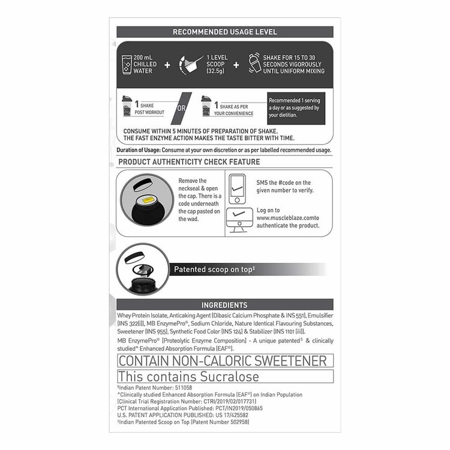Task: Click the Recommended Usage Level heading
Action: [224, 32]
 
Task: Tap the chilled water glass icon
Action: [127, 64]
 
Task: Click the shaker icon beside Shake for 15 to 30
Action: [254, 64]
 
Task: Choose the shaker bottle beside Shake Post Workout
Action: [127, 107]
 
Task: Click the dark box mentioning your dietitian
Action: [296, 108]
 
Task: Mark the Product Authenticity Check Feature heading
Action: [189, 162]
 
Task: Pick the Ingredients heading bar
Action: [224, 305]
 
